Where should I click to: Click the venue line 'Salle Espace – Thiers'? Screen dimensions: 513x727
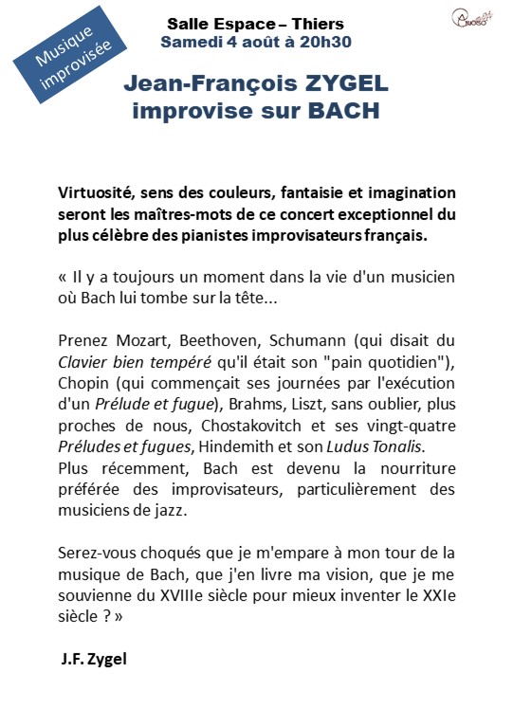tap(255, 24)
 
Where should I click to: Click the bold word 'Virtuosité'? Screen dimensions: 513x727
tap(99, 193)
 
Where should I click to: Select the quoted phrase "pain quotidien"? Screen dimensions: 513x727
tap(396, 360)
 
